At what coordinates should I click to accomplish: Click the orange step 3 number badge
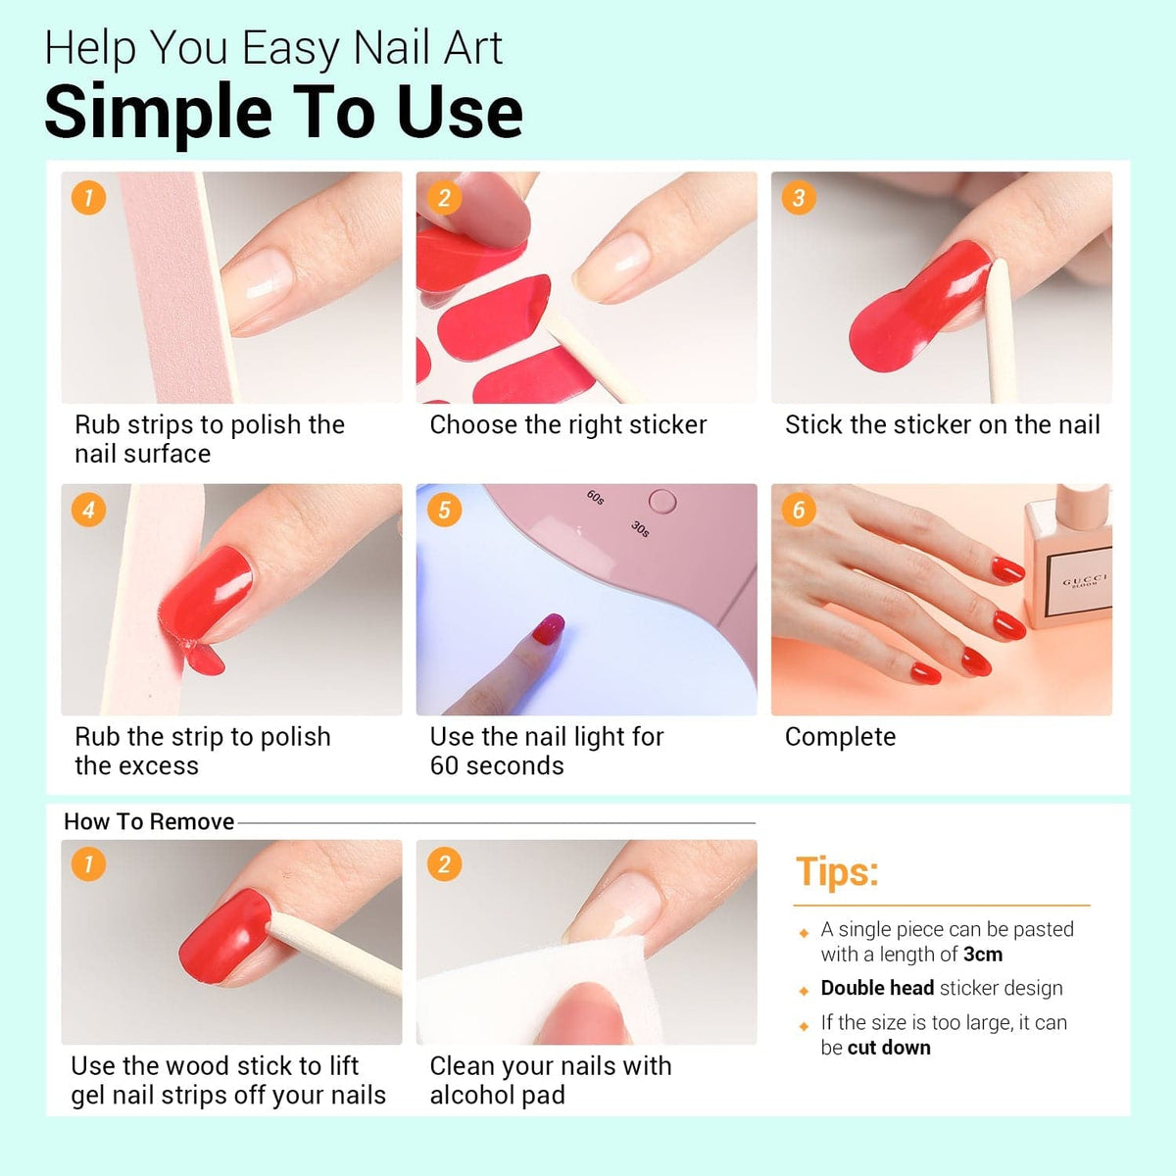pos(799,197)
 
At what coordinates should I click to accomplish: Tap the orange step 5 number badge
pos(444,510)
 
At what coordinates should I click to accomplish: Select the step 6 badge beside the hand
pos(799,510)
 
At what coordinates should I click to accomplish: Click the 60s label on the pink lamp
pos(595,497)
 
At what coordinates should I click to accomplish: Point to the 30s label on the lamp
pos(640,528)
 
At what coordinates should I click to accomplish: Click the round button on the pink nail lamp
pos(662,501)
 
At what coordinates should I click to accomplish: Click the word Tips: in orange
pos(837,871)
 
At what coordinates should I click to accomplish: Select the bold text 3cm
pos(983,954)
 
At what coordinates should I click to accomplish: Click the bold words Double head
pos(877,988)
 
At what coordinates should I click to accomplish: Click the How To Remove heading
pos(149,821)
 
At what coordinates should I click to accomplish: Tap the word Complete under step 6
pos(840,737)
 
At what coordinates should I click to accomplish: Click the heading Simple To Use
pos(284,112)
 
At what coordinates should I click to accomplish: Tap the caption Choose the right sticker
pos(568,424)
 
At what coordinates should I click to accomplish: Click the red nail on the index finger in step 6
pos(1007,570)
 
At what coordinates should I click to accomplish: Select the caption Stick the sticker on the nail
pos(942,424)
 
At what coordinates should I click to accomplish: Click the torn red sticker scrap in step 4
pos(205,660)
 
